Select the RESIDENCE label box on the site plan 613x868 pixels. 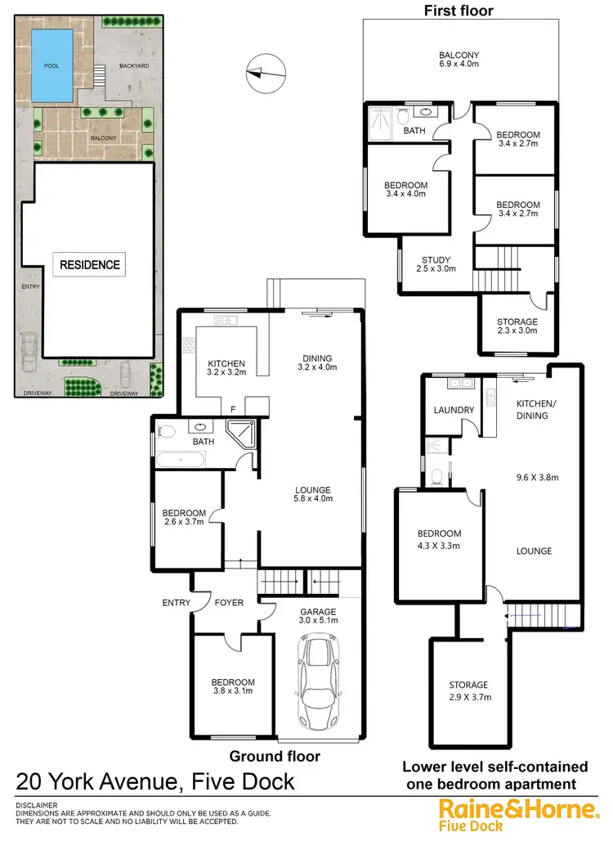[90, 264]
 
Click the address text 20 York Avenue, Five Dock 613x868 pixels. [155, 781]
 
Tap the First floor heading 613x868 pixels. [458, 11]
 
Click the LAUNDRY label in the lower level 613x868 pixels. [454, 411]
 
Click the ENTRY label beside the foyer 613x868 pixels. [177, 603]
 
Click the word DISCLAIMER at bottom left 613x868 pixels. [37, 806]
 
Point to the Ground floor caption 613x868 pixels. [275, 756]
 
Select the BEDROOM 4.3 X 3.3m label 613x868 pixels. [439, 539]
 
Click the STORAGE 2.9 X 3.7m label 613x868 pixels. [468, 691]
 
